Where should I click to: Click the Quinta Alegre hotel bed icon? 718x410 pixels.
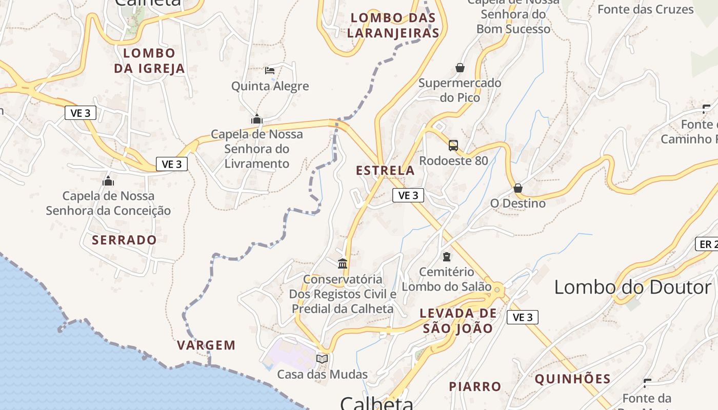click(x=270, y=71)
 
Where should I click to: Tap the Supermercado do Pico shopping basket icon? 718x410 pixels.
click(x=460, y=68)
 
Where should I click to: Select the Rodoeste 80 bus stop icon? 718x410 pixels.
click(x=453, y=146)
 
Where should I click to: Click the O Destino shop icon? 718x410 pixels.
click(x=518, y=188)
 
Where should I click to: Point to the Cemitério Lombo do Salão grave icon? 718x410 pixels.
click(x=447, y=256)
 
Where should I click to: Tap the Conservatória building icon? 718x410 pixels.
click(x=343, y=264)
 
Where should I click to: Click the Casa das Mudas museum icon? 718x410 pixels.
click(x=322, y=359)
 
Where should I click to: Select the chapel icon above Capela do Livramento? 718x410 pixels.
click(x=257, y=119)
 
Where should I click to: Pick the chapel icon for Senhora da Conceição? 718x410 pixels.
click(x=108, y=181)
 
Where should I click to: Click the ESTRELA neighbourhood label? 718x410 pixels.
click(x=385, y=171)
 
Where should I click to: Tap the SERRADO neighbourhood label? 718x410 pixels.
click(x=124, y=240)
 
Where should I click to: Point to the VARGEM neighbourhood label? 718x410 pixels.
click(x=206, y=345)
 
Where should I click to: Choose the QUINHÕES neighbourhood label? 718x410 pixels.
click(x=572, y=379)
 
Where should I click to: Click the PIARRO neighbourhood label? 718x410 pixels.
click(x=475, y=386)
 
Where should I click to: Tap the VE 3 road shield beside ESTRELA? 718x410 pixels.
click(x=408, y=195)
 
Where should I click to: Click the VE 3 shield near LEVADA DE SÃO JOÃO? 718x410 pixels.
click(x=523, y=317)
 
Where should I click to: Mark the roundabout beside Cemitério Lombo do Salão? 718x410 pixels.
click(x=496, y=290)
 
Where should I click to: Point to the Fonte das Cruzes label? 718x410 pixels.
click(x=645, y=9)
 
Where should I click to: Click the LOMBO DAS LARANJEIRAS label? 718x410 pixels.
click(x=393, y=26)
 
